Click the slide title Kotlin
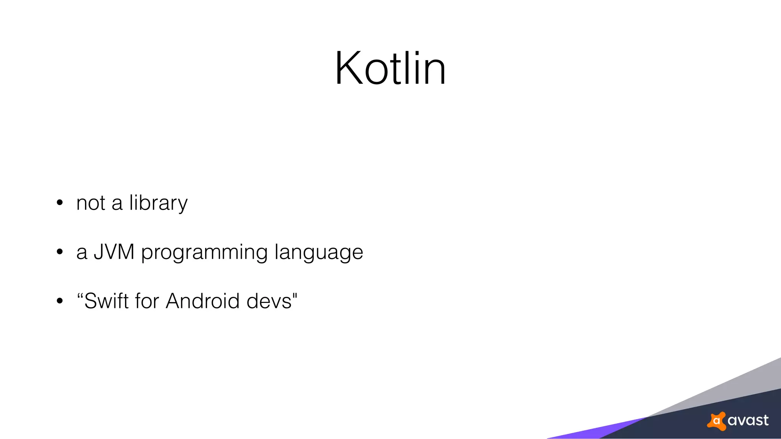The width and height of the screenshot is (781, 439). click(x=390, y=69)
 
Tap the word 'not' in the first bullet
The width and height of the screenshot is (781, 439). click(x=91, y=203)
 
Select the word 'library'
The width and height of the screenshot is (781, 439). click(x=158, y=203)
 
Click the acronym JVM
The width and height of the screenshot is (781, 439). click(x=114, y=252)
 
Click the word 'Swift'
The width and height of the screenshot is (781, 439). click(x=106, y=301)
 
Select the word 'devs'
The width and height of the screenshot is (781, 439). click(x=269, y=301)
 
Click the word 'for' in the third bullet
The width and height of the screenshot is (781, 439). click(x=147, y=301)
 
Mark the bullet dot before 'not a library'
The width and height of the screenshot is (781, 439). click(x=59, y=203)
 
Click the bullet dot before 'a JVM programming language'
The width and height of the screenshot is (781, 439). click(x=59, y=252)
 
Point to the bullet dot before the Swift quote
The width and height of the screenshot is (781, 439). click(x=59, y=301)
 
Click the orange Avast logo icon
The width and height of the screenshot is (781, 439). click(x=717, y=421)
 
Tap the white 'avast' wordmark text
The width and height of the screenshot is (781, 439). click(x=748, y=421)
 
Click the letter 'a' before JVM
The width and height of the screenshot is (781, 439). click(x=82, y=253)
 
